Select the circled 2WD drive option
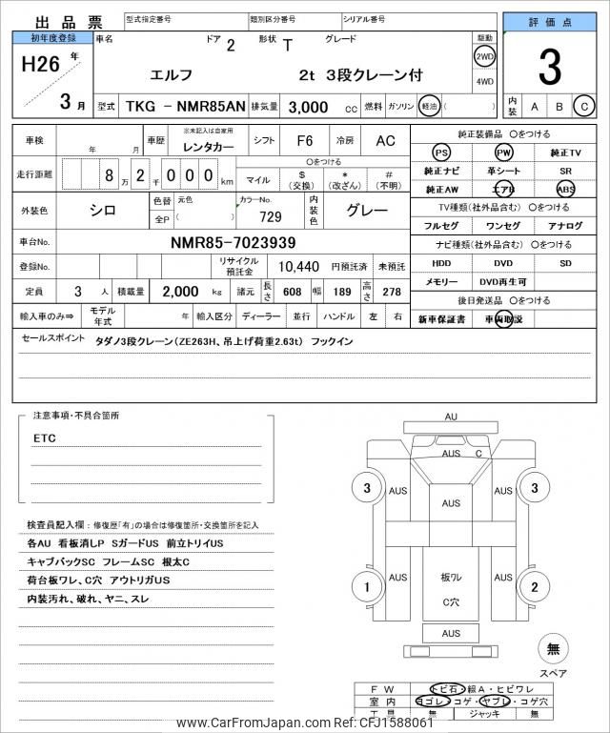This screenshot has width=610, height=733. pos(485,56)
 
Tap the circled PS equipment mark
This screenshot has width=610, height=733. pos(441,153)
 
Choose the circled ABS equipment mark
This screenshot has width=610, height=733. pos(566,189)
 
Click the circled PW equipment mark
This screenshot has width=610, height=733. pos(503,153)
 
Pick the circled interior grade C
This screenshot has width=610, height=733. pos(583,107)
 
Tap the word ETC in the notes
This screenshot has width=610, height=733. pos(45,438)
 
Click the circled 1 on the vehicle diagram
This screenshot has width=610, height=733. pos(366,587)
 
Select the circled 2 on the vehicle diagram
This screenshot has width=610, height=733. pos(535,587)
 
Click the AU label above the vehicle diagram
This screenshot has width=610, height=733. pos(451,417)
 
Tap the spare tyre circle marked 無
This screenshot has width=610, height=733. pos(552,649)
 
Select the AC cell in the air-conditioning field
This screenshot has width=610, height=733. pos(385,141)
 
